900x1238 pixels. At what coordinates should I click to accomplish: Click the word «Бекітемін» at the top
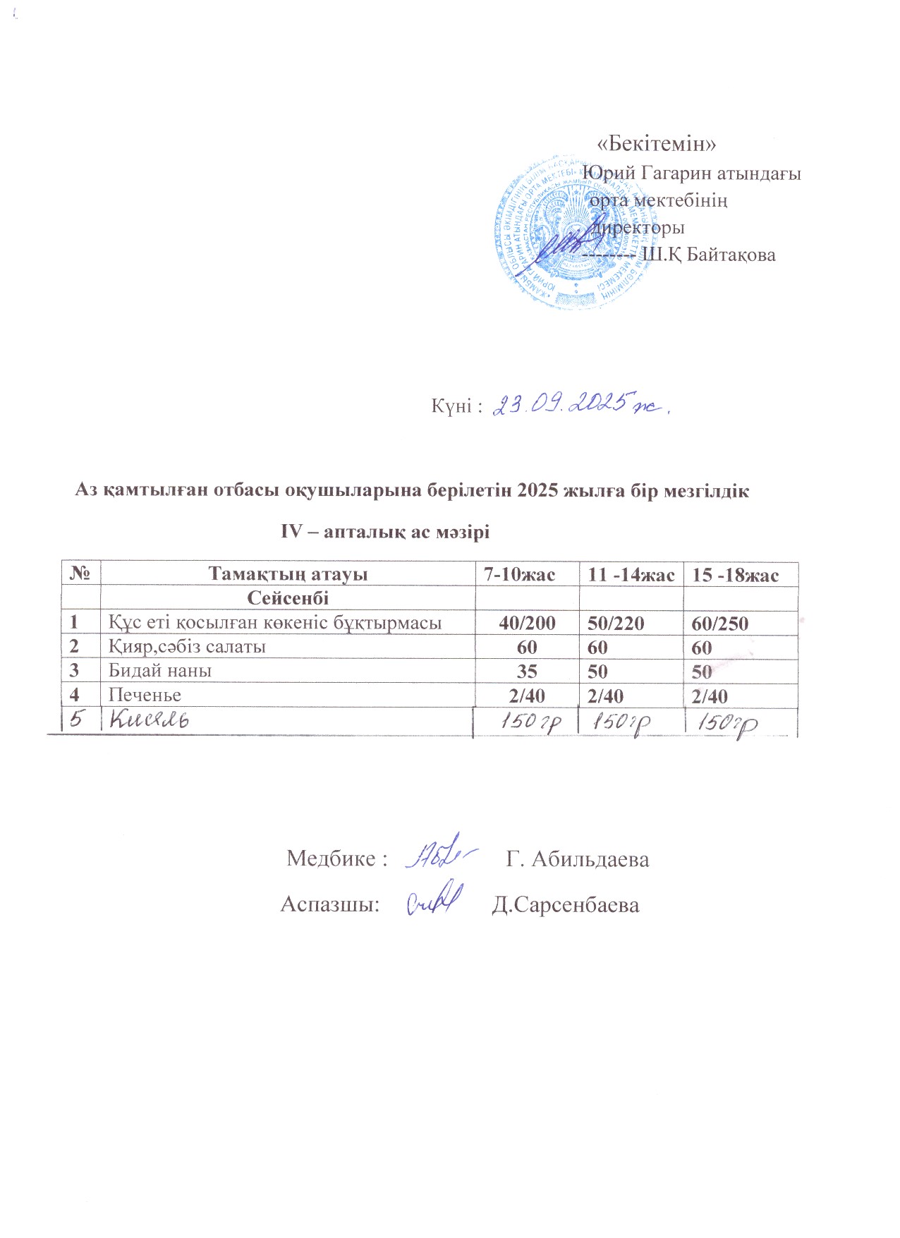657,144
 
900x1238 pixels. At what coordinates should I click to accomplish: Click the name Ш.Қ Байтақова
708,255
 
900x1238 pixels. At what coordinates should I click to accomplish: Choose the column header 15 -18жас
735,575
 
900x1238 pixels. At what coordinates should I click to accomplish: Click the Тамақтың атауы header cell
288,574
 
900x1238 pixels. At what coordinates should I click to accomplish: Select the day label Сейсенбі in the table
288,598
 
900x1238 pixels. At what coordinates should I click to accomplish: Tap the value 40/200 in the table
526,623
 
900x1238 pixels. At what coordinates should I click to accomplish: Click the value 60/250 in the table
720,623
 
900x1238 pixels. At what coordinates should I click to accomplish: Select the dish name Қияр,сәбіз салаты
187,646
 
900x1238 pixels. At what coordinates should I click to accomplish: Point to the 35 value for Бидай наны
526,671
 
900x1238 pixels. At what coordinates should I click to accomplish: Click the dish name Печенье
145,695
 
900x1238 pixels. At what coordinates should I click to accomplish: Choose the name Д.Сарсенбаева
565,905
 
